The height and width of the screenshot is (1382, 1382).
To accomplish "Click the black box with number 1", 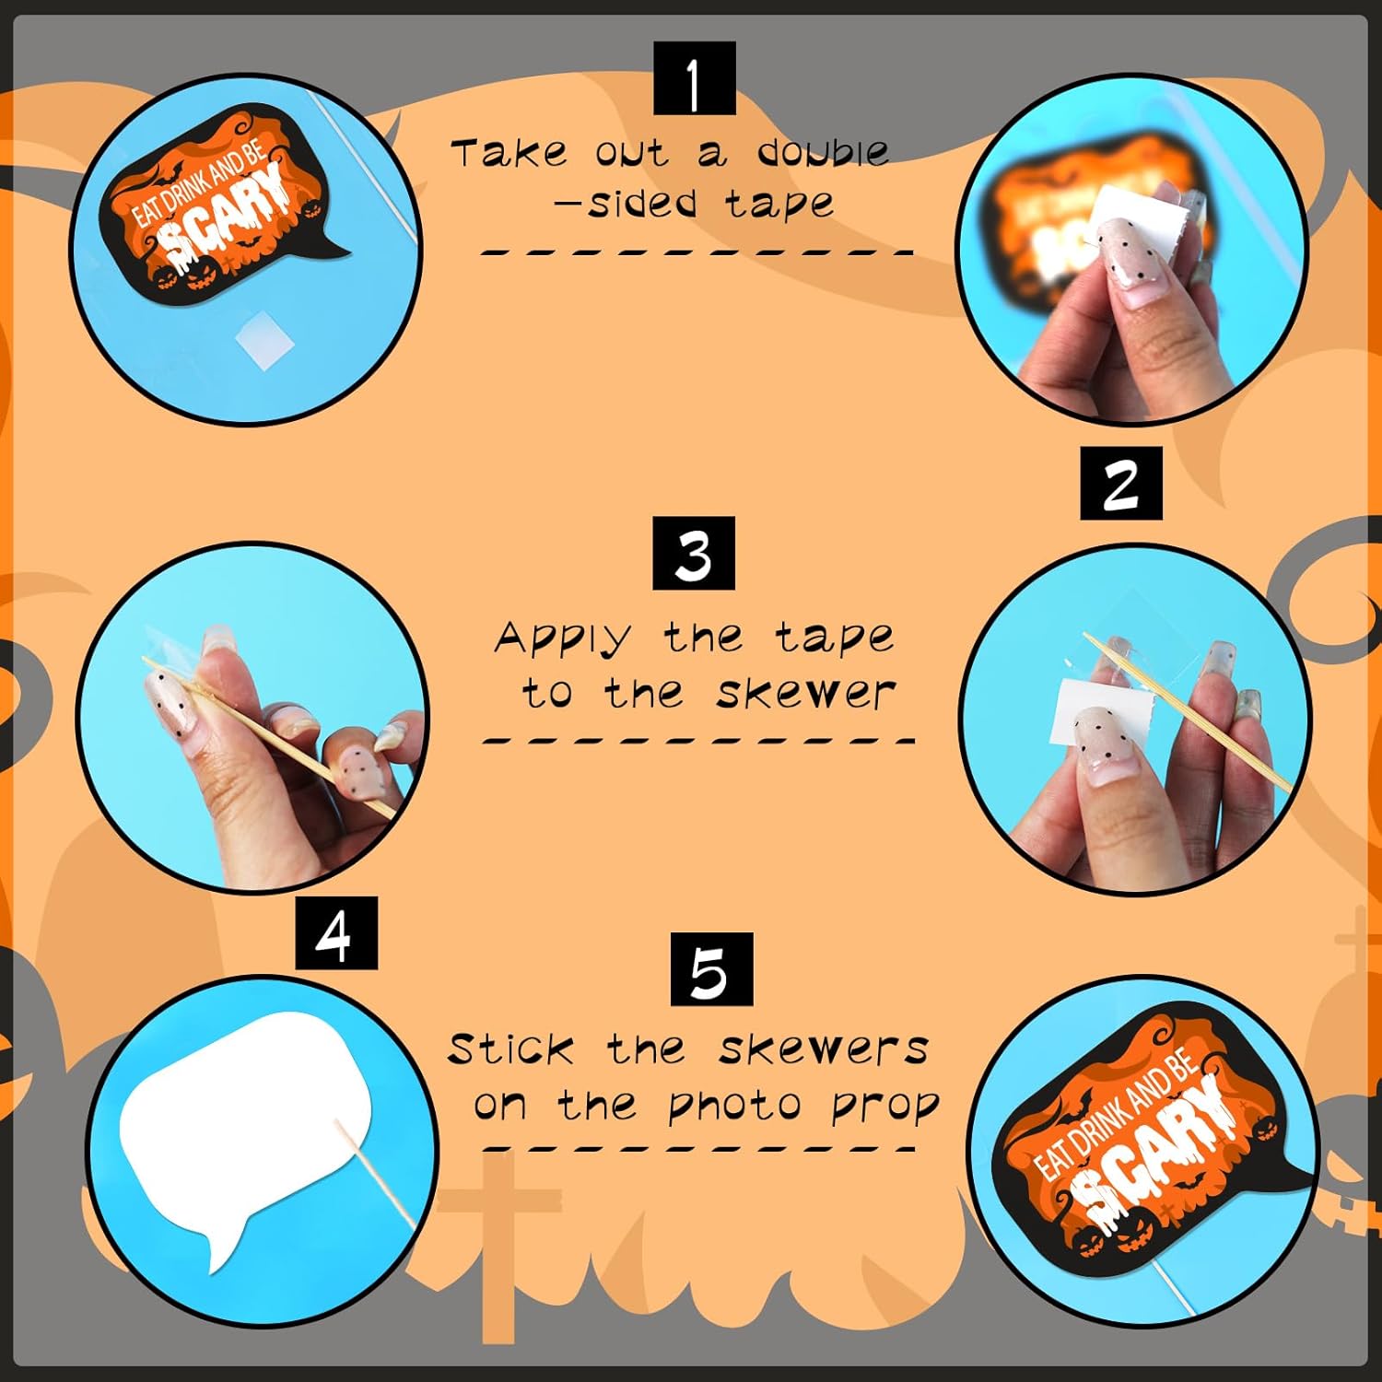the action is (695, 78).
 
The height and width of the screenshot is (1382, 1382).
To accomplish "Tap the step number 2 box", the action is (1121, 484).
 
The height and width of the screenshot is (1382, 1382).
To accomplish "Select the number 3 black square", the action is (694, 553).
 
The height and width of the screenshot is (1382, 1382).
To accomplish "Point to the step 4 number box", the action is (336, 932).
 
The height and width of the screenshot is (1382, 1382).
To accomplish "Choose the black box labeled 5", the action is (711, 969).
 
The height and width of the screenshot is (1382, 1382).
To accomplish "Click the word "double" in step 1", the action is (823, 152).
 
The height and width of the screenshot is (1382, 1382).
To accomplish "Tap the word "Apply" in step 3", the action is (563, 638).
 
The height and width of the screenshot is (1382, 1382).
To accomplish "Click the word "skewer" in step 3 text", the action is (806, 693).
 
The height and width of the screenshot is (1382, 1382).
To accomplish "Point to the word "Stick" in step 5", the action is (510, 1048).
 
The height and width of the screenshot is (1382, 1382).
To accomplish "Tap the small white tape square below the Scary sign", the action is (264, 339).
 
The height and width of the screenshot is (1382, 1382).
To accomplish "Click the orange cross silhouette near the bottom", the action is (498, 1244).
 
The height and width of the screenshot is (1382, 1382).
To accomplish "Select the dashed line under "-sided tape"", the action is (697, 252).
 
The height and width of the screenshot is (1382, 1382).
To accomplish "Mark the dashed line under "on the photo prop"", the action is (697, 1149).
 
